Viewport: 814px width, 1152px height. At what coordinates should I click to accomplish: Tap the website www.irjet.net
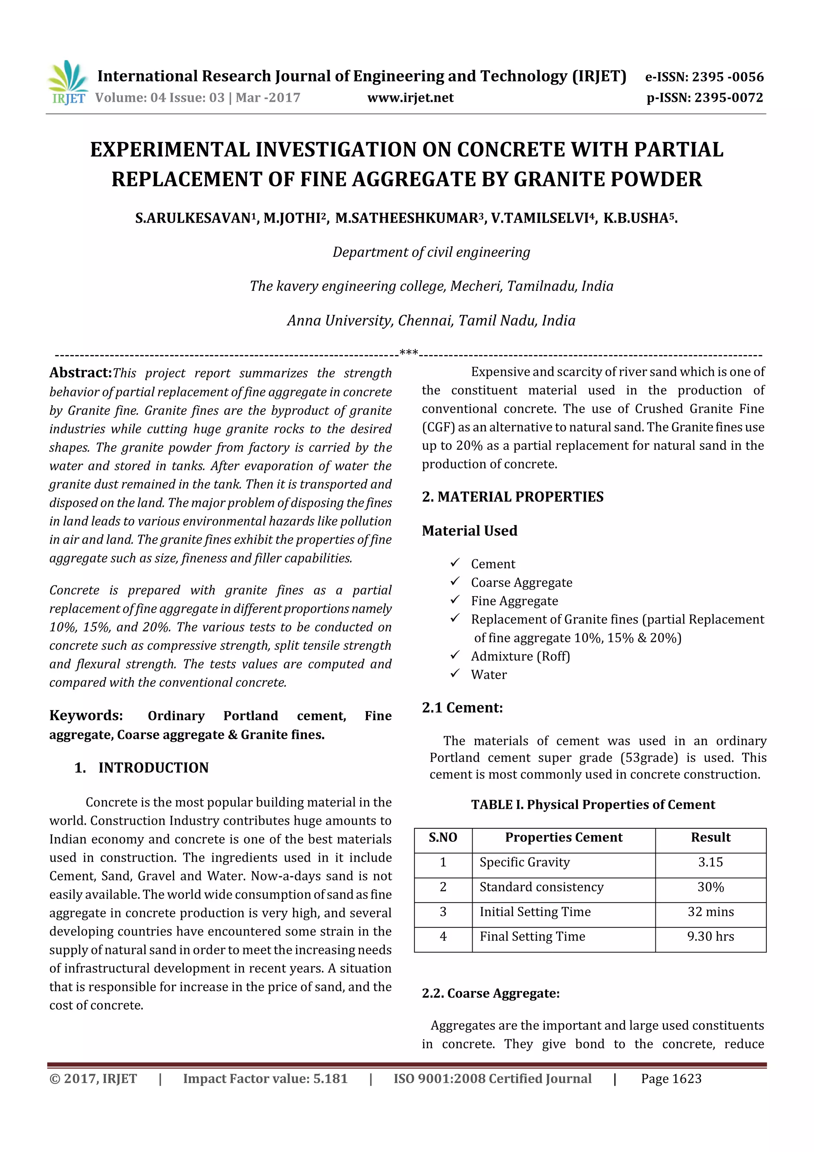(410, 98)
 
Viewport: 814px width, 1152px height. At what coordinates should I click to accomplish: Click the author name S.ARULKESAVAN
(193, 218)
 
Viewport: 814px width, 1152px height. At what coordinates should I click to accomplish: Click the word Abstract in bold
(80, 373)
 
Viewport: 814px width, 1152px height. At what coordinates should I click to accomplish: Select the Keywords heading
(86, 715)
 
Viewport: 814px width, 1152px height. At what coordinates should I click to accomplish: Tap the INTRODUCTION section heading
(153, 767)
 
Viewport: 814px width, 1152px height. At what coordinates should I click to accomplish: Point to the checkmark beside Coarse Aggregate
(454, 581)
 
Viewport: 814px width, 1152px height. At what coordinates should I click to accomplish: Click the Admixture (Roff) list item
(520, 656)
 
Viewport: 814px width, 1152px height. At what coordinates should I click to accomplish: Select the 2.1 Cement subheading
(462, 707)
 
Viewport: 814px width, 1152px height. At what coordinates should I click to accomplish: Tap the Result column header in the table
(710, 837)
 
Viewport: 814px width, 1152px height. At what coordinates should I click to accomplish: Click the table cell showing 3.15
(710, 863)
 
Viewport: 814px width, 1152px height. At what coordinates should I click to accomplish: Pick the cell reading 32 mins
(710, 912)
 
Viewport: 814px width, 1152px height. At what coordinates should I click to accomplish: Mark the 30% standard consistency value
(710, 887)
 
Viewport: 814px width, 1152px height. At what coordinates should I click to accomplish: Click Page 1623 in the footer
(671, 1079)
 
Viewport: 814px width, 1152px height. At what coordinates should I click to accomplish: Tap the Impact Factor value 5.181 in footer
(265, 1079)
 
